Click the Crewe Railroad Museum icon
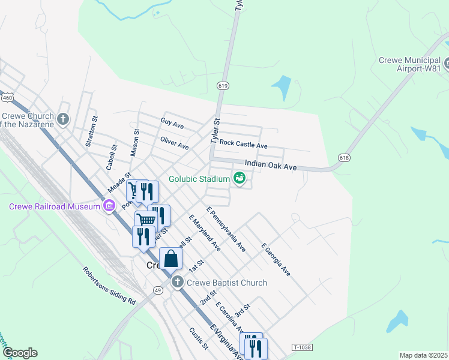(109, 207)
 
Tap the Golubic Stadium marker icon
(240, 178)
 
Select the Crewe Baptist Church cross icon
(176, 282)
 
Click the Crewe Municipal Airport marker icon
(447, 62)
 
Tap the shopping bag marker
(171, 259)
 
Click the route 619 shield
(223, 86)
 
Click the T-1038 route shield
(304, 347)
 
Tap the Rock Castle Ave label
(243, 143)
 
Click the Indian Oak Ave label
(271, 164)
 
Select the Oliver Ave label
(175, 143)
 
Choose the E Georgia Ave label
(276, 260)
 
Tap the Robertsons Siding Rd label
(109, 284)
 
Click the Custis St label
(198, 338)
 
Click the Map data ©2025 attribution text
(423, 355)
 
